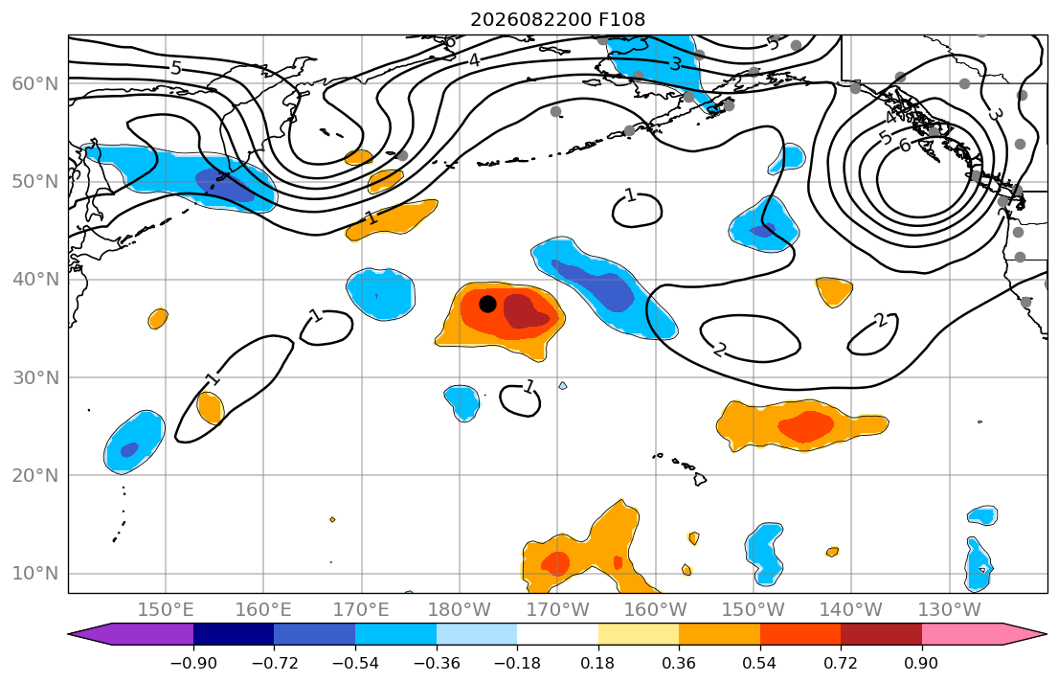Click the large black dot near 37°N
point(488,304)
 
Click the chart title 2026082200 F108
point(557,19)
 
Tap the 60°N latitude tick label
point(35,83)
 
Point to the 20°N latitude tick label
point(35,475)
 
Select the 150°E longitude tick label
point(166,610)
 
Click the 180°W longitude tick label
point(460,610)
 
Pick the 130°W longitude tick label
point(950,610)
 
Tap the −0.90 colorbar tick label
point(193,663)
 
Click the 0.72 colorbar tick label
point(841,663)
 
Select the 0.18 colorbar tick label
point(597,663)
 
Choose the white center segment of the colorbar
point(557,634)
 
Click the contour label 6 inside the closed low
point(905,146)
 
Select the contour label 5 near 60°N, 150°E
point(176,67)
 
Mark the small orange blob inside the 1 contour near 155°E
point(210,408)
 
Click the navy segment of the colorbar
point(234,634)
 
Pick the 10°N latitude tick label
point(35,574)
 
